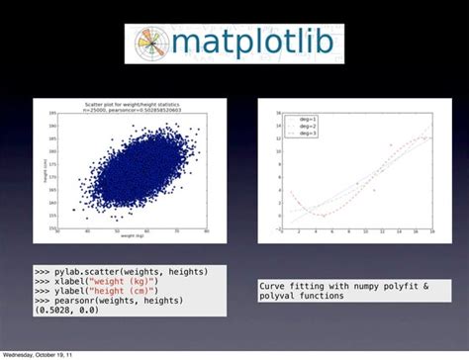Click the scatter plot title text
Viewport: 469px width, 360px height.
[x=131, y=104]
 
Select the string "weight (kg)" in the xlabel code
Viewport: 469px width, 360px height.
[x=135, y=281]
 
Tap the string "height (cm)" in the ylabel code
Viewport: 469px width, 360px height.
[x=135, y=291]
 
